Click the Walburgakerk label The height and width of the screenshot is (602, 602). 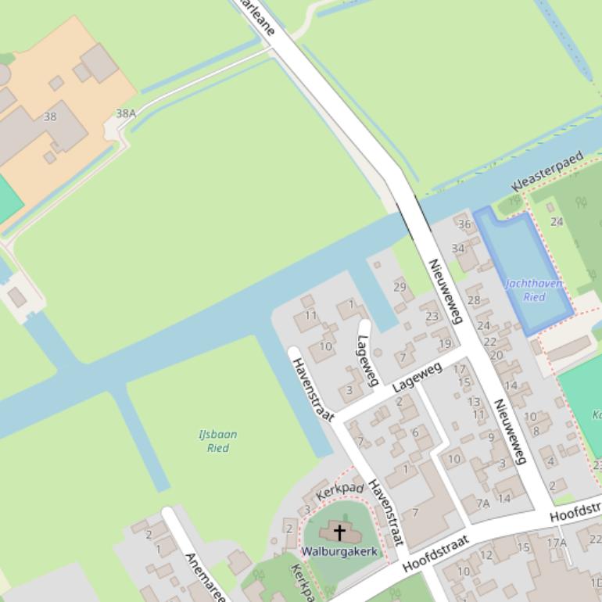coord(339,551)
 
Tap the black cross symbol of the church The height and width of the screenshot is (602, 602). coord(339,533)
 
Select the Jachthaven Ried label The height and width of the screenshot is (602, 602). coord(534,290)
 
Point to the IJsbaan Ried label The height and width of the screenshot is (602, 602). coord(217,441)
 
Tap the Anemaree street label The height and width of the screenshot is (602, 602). coord(205,577)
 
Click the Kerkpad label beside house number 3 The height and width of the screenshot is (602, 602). coord(340,491)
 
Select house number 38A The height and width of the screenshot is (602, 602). coord(126,113)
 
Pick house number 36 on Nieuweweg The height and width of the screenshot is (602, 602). coord(464,224)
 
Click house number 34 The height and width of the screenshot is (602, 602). coord(458,249)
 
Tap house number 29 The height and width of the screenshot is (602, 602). coord(400,287)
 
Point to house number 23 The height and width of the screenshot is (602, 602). coord(432,317)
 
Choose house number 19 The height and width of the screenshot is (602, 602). coord(445,343)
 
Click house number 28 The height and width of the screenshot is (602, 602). coord(474,300)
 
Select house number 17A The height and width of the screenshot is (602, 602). coord(556,543)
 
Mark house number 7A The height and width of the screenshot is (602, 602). coord(482,503)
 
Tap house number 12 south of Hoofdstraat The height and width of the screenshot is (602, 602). coord(486,555)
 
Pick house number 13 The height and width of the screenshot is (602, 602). coord(474,401)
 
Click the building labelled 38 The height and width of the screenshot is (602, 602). coord(50,116)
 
